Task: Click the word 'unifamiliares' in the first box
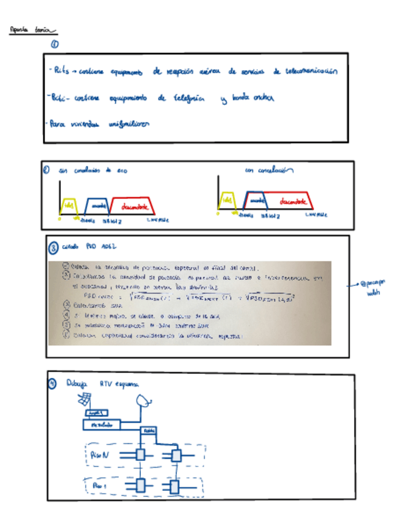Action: pos(129,123)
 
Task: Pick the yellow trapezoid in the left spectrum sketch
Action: pos(70,204)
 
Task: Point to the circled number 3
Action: pos(52,248)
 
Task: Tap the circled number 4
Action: pos(53,383)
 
